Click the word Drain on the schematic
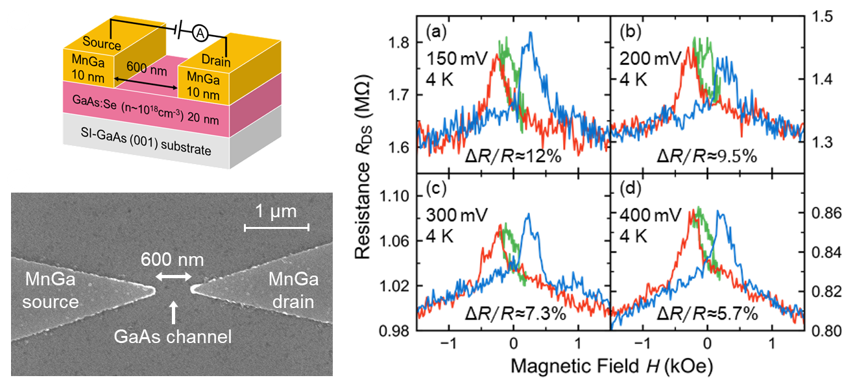pyautogui.click(x=215, y=60)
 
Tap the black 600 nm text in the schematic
pyautogui.click(x=146, y=67)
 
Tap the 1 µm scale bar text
pyautogui.click(x=275, y=211)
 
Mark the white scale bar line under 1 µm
pyautogui.click(x=277, y=227)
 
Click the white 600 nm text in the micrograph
pyautogui.click(x=173, y=260)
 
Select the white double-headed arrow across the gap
pyautogui.click(x=173, y=278)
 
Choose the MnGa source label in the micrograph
pyautogui.click(x=51, y=291)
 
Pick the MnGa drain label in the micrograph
pyautogui.click(x=294, y=291)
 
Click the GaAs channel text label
pyautogui.click(x=173, y=337)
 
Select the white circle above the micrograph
pyautogui.click(x=18, y=178)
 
